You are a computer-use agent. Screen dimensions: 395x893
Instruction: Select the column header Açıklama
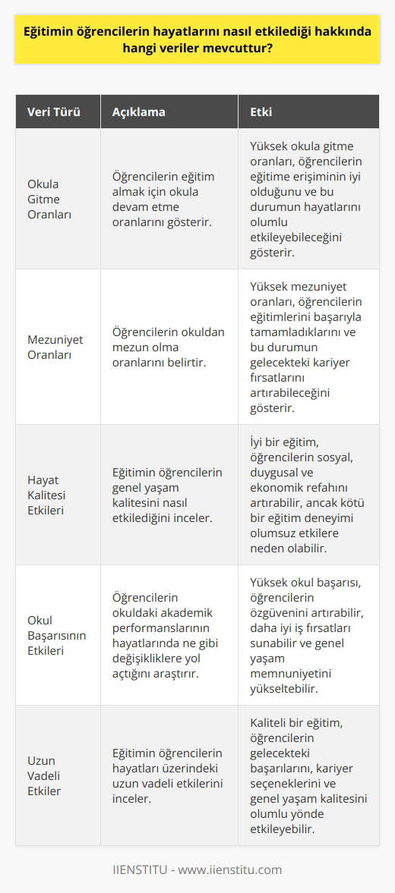pyautogui.click(x=138, y=112)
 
